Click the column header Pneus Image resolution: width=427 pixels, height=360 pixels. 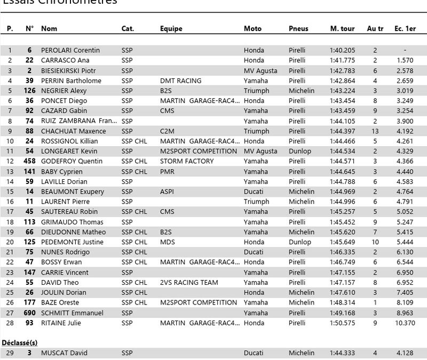tap(298, 28)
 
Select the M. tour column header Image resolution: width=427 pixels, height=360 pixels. tap(343, 28)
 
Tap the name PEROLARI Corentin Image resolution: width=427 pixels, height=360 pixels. tap(70, 51)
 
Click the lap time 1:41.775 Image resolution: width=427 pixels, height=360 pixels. tap(342, 61)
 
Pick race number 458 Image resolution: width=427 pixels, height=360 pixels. tap(30, 161)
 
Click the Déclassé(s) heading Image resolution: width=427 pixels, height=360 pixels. tap(19, 342)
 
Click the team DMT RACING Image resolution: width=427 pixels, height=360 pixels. tap(180, 81)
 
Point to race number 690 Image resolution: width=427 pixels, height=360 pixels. tap(30, 313)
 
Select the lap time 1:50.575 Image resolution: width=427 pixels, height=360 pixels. tap(342, 323)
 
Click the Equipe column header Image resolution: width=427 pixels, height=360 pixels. tap(171, 28)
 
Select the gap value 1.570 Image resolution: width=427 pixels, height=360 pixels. tap(405, 61)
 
